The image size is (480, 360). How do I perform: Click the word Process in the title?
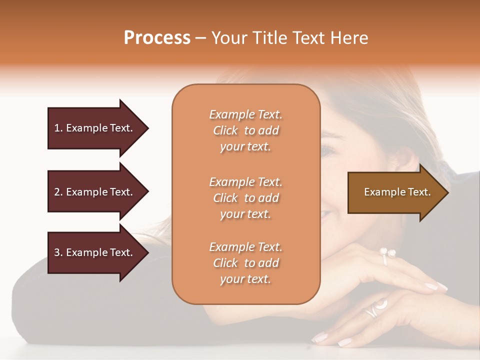click(x=157, y=38)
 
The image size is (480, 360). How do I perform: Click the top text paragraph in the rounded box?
click(x=245, y=130)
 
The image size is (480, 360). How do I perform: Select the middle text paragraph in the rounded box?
click(x=245, y=198)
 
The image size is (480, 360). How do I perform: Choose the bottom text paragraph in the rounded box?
click(x=245, y=263)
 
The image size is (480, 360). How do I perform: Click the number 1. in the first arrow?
click(x=58, y=128)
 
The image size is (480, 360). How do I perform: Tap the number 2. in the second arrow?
click(x=58, y=192)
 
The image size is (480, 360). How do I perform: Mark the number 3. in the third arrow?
click(x=58, y=252)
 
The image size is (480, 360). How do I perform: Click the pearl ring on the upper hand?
click(x=387, y=254)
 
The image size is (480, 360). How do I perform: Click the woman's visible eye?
click(x=328, y=148)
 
